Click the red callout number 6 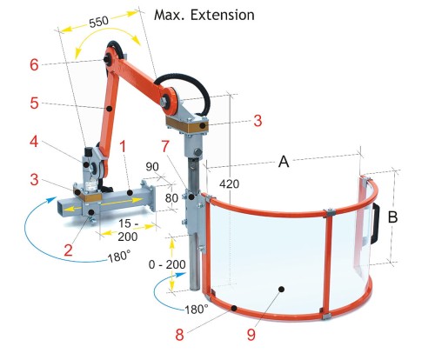[34, 64]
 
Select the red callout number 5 [34, 103]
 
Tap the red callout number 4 [34, 142]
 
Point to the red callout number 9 [251, 334]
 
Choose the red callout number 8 [179, 335]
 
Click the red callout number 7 [165, 146]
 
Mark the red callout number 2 [68, 250]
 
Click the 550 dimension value [98, 22]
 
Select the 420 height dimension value [229, 183]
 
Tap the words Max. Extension [204, 15]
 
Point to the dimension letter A [284, 162]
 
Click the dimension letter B [392, 217]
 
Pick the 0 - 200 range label [167, 264]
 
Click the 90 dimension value [152, 167]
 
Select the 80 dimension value [171, 198]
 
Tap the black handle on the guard [375, 223]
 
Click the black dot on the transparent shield [281, 289]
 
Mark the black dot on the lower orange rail [234, 308]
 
